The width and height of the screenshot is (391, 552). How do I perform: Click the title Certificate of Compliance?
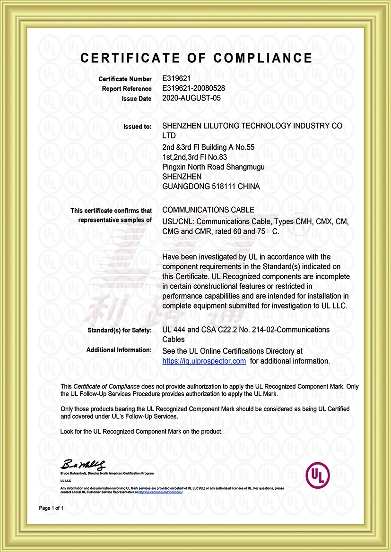click(196, 58)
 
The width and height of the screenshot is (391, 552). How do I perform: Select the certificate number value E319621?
click(176, 79)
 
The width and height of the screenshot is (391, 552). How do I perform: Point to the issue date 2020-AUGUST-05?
click(191, 98)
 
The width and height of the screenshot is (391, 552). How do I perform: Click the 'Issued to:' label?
click(138, 127)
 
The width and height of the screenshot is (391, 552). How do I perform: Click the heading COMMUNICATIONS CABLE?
click(208, 210)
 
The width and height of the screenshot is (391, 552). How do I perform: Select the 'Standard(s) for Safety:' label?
click(119, 330)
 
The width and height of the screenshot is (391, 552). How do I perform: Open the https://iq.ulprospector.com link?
click(204, 361)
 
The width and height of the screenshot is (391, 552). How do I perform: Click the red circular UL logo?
click(318, 475)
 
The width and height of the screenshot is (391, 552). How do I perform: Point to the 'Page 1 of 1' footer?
click(51, 508)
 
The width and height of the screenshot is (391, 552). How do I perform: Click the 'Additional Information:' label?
click(119, 350)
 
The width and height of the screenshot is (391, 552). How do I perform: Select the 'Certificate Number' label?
click(125, 79)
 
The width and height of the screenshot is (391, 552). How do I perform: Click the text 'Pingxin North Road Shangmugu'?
click(213, 167)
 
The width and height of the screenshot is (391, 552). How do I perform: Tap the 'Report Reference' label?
click(127, 89)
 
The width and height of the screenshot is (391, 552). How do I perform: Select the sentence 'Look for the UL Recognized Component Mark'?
click(141, 432)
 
